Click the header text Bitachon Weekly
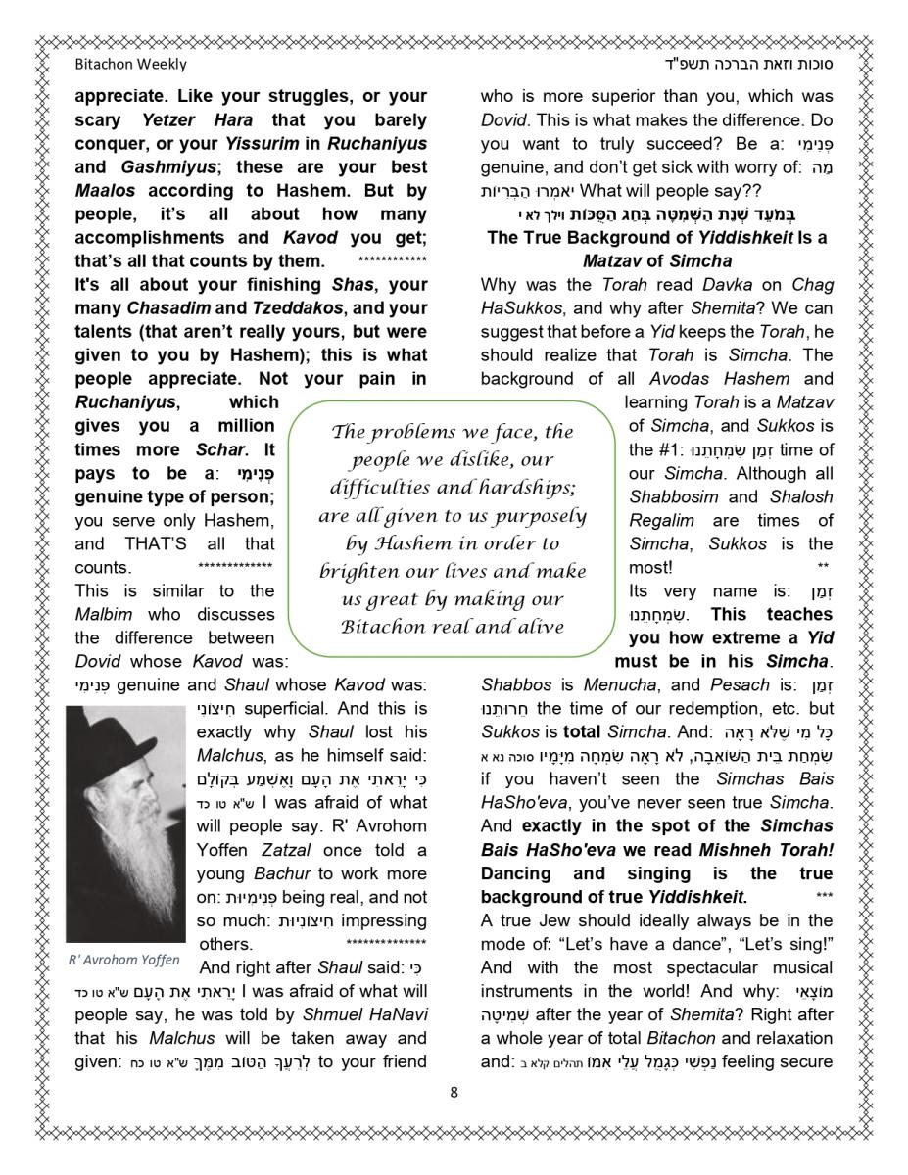tap(130, 65)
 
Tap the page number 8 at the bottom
tap(454, 1093)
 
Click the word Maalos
tap(105, 191)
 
